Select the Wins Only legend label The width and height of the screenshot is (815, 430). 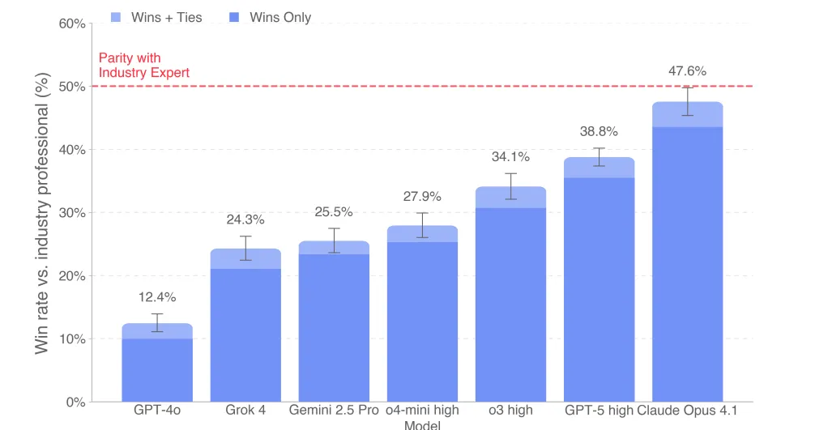pos(280,17)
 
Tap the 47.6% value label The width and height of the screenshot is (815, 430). pos(687,71)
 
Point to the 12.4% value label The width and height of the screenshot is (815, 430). pos(157,296)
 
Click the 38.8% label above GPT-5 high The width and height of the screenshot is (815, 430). pos(599,131)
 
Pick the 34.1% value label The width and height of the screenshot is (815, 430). pos(510,157)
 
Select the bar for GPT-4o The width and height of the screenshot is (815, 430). pos(157,364)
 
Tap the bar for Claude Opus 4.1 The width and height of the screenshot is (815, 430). pos(687,259)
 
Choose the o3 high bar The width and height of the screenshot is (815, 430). pos(510,300)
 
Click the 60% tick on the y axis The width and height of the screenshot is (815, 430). pos(73,24)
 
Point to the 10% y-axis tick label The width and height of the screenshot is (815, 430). pos(73,338)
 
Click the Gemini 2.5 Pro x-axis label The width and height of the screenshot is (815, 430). pos(334,411)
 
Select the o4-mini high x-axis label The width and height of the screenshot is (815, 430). pos(422,411)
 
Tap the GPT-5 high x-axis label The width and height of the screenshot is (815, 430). pos(599,411)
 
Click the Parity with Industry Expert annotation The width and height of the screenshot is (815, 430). pos(143,66)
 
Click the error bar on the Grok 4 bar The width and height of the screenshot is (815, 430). pos(245,248)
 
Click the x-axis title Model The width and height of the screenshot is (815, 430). pos(421,425)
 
